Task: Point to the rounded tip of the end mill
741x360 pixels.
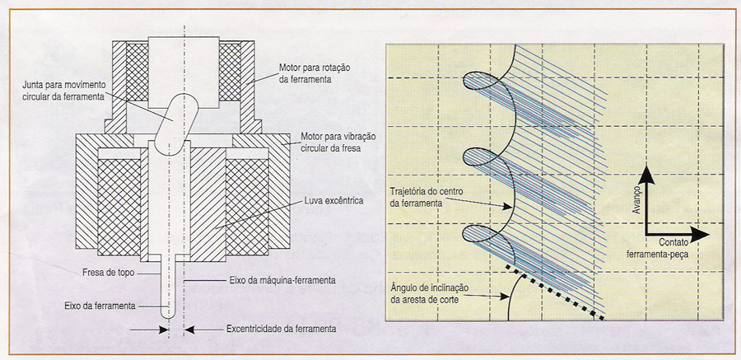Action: [x=169, y=314]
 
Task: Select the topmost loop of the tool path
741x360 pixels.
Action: [x=486, y=80]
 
